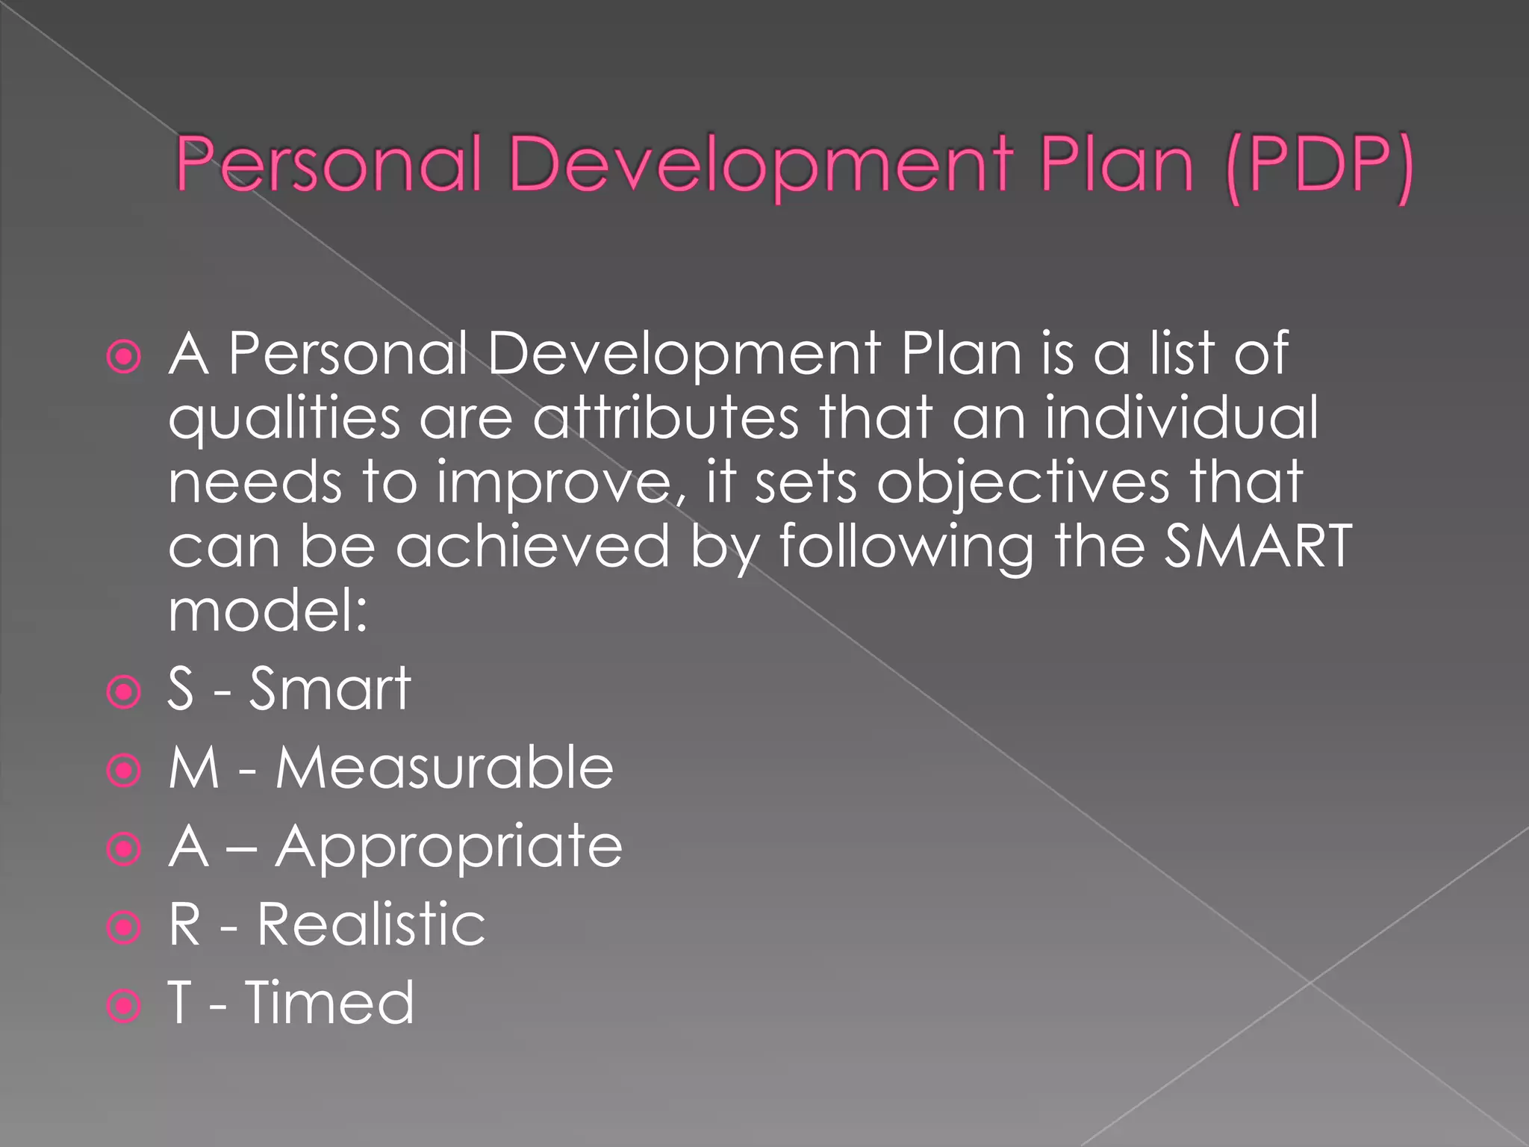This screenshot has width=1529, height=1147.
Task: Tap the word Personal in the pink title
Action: tap(328, 166)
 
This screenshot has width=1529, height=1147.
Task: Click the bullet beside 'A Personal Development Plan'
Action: tap(124, 356)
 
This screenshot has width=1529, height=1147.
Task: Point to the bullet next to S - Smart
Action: tap(124, 691)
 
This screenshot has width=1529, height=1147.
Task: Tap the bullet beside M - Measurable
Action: tap(124, 770)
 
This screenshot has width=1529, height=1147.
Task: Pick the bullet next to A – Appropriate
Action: tap(124, 849)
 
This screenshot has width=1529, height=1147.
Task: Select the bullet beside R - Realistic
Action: tap(124, 927)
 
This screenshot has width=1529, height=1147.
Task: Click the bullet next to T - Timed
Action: tap(124, 1006)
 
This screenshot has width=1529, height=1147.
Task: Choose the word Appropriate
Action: tap(449, 848)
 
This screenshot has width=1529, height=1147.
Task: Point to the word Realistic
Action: tap(371, 925)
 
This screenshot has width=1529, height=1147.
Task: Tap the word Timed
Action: tap(329, 1003)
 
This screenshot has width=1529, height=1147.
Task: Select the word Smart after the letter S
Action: tap(329, 688)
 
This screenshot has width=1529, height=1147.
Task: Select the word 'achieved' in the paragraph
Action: tap(532, 546)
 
